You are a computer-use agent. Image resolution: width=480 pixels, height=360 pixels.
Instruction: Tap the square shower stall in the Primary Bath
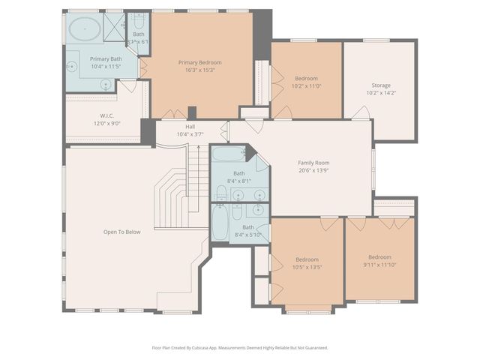click(x=115, y=26)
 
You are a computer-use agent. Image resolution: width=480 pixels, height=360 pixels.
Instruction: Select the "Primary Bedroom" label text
click(x=199, y=62)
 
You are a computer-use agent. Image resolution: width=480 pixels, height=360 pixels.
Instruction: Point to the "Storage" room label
click(x=380, y=85)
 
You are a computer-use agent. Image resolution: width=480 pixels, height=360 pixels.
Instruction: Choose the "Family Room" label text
click(x=313, y=163)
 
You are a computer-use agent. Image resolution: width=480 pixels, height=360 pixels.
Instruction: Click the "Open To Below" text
click(x=121, y=232)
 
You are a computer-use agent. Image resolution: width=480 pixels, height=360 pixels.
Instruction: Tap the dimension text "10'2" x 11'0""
click(x=306, y=87)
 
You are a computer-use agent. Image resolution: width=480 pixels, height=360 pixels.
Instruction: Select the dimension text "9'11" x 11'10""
click(x=379, y=265)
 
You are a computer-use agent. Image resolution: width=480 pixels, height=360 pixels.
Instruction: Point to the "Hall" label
click(x=190, y=127)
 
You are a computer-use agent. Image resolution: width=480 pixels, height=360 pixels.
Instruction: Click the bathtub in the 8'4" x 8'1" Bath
click(x=226, y=154)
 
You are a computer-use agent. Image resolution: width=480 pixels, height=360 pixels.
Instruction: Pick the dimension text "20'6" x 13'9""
click(x=313, y=170)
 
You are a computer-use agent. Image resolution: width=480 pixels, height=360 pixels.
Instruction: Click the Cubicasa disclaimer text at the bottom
click(x=240, y=347)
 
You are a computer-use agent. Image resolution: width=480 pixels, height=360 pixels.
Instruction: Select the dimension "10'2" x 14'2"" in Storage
click(x=380, y=93)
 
